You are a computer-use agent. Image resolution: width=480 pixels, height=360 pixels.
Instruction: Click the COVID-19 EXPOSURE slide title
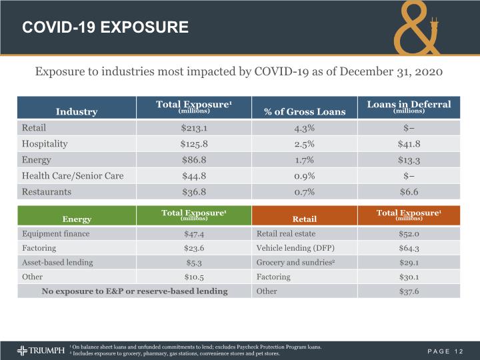pyautogui.click(x=105, y=27)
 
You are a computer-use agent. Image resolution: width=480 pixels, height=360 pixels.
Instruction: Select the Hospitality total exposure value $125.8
pyautogui.click(x=194, y=144)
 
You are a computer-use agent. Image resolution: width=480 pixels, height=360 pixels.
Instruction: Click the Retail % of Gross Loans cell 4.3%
pyautogui.click(x=304, y=128)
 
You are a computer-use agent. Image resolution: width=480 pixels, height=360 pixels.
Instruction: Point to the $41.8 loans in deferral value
pyautogui.click(x=409, y=144)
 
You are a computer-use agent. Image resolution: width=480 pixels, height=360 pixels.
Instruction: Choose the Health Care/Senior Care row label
pyautogui.click(x=73, y=176)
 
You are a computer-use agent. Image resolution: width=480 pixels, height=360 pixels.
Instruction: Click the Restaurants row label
pyautogui.click(x=47, y=192)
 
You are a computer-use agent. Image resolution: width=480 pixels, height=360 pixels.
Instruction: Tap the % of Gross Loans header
pyautogui.click(x=305, y=112)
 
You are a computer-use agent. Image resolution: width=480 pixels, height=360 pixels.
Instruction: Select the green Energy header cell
pyautogui.click(x=77, y=215)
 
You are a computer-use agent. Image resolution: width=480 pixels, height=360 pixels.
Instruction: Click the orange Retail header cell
pyautogui.click(x=304, y=215)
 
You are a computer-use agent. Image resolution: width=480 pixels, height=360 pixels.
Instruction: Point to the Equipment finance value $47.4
pyautogui.click(x=194, y=234)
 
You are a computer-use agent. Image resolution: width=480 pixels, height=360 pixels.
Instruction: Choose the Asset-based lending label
pyautogui.click(x=57, y=263)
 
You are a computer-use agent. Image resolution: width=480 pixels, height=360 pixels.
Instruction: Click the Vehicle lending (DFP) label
pyautogui.click(x=295, y=248)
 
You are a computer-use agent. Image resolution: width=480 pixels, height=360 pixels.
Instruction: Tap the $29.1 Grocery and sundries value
pyautogui.click(x=409, y=263)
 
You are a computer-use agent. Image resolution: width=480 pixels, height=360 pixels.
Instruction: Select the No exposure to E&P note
pyautogui.click(x=135, y=291)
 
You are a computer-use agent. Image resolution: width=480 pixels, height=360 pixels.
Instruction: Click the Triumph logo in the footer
pyautogui.click(x=41, y=351)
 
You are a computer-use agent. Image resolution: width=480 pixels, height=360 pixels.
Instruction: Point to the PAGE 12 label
pyautogui.click(x=445, y=351)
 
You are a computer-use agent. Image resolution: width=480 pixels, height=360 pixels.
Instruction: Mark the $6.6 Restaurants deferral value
pyautogui.click(x=409, y=192)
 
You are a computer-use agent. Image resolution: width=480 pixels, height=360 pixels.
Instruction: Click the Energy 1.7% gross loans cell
pyautogui.click(x=304, y=160)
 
